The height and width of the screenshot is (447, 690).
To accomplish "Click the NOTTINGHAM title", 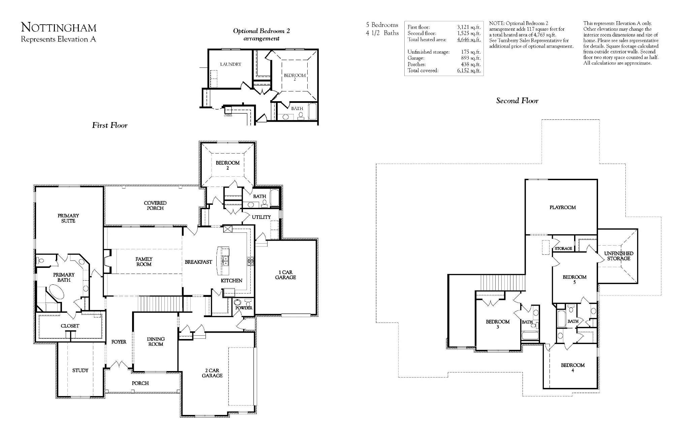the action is tap(59, 27).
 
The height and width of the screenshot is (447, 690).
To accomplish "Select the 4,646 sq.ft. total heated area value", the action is tap(469, 39).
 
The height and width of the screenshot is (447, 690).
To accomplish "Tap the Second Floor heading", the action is tap(517, 101).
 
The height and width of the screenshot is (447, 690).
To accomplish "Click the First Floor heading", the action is tap(110, 125).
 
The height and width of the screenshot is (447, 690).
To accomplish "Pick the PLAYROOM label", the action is tap(563, 207).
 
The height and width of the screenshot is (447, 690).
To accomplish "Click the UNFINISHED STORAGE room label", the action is tap(619, 256).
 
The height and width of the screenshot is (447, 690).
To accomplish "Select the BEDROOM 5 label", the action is tap(574, 280).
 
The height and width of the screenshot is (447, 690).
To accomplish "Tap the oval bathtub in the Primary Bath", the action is tap(56, 291).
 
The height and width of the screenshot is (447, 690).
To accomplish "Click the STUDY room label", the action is tap(80, 370).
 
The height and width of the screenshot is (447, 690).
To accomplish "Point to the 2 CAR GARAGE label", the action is tap(212, 373).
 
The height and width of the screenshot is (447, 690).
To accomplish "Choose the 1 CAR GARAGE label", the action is tap(285, 275).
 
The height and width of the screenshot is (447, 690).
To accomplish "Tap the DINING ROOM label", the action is tap(156, 342).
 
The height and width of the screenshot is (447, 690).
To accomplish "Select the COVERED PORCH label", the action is tap(155, 205).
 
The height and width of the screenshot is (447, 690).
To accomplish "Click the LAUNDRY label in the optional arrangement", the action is tap(231, 64).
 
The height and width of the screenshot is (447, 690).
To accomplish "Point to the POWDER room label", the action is tap(244, 308).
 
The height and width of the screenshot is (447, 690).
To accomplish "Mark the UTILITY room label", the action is tap(261, 217).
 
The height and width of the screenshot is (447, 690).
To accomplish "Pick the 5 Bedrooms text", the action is tap(382, 25).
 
